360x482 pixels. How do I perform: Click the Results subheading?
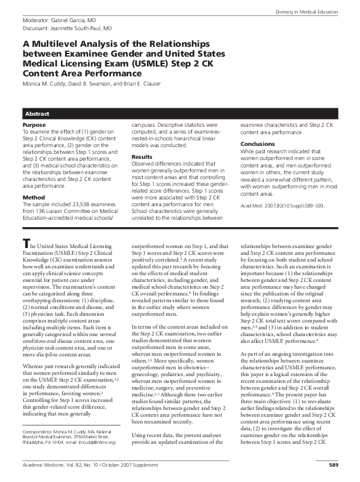point(142,158)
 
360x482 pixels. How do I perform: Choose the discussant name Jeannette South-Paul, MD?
point(82,28)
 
